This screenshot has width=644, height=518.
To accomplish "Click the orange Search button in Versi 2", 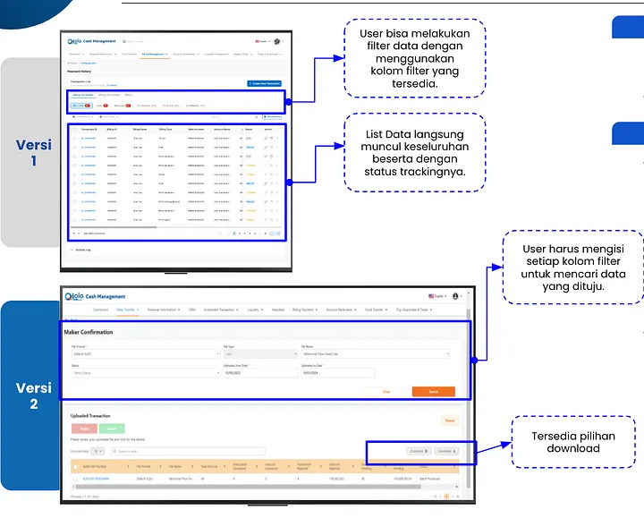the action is (433, 392).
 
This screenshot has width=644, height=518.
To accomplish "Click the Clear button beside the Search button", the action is (386, 392).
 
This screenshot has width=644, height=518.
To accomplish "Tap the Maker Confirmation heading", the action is (89, 333).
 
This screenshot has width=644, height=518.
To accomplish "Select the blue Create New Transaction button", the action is (265, 83).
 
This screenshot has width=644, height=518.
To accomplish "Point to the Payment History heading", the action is (80, 72).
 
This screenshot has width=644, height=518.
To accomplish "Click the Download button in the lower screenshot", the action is (446, 452).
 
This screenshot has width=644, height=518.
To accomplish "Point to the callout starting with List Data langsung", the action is (415, 153).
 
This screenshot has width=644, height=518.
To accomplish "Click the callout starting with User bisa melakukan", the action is (415, 58).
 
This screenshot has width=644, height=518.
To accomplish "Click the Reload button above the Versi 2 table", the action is (450, 420).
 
